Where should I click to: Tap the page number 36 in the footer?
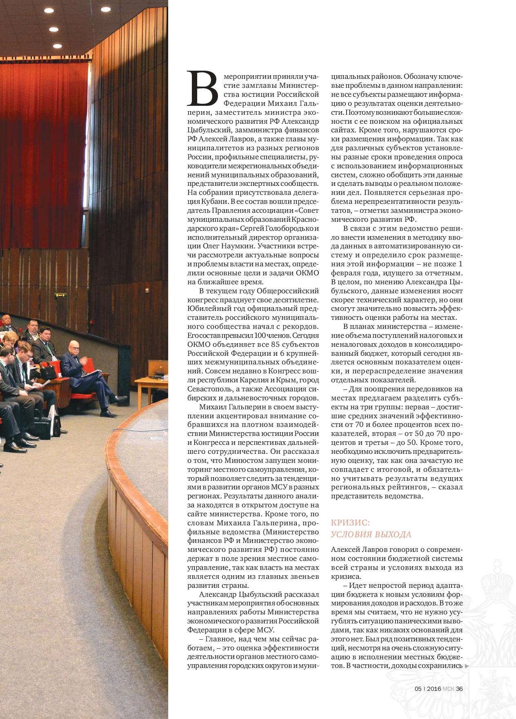click(459, 689)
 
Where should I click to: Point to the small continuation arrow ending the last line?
click(467, 666)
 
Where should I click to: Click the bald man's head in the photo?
click(75, 346)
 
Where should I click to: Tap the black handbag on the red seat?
click(48, 371)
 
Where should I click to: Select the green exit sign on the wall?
click(60, 294)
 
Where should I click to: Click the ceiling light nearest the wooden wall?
click(105, 9)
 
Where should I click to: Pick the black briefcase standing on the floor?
click(55, 425)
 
